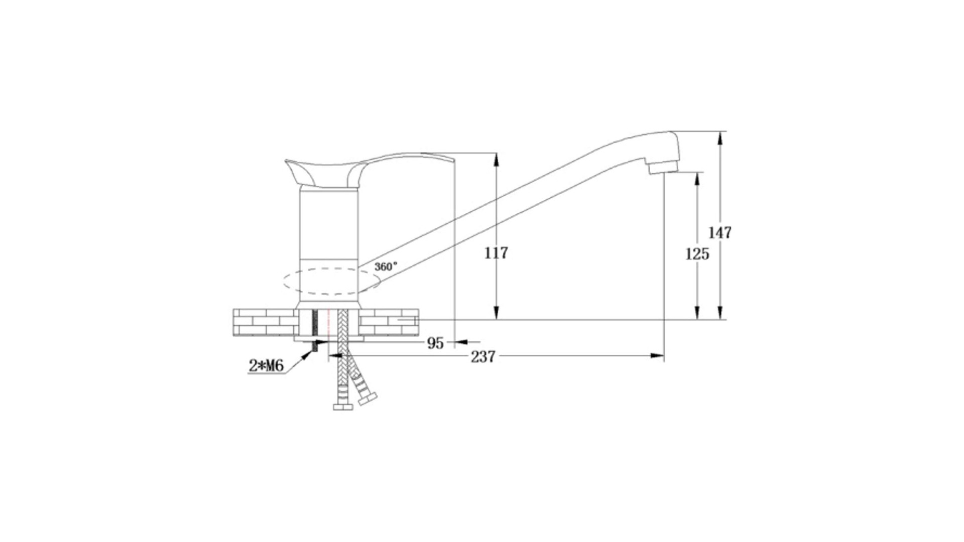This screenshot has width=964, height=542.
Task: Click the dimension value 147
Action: [719, 232]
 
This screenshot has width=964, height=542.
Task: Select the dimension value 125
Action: [697, 254]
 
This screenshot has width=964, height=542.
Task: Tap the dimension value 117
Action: [496, 252]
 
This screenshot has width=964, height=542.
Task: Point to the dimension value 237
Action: [483, 356]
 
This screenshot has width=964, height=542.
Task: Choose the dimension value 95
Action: [435, 343]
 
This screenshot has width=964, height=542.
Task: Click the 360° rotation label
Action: [386, 266]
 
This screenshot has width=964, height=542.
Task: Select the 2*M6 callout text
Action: [266, 366]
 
